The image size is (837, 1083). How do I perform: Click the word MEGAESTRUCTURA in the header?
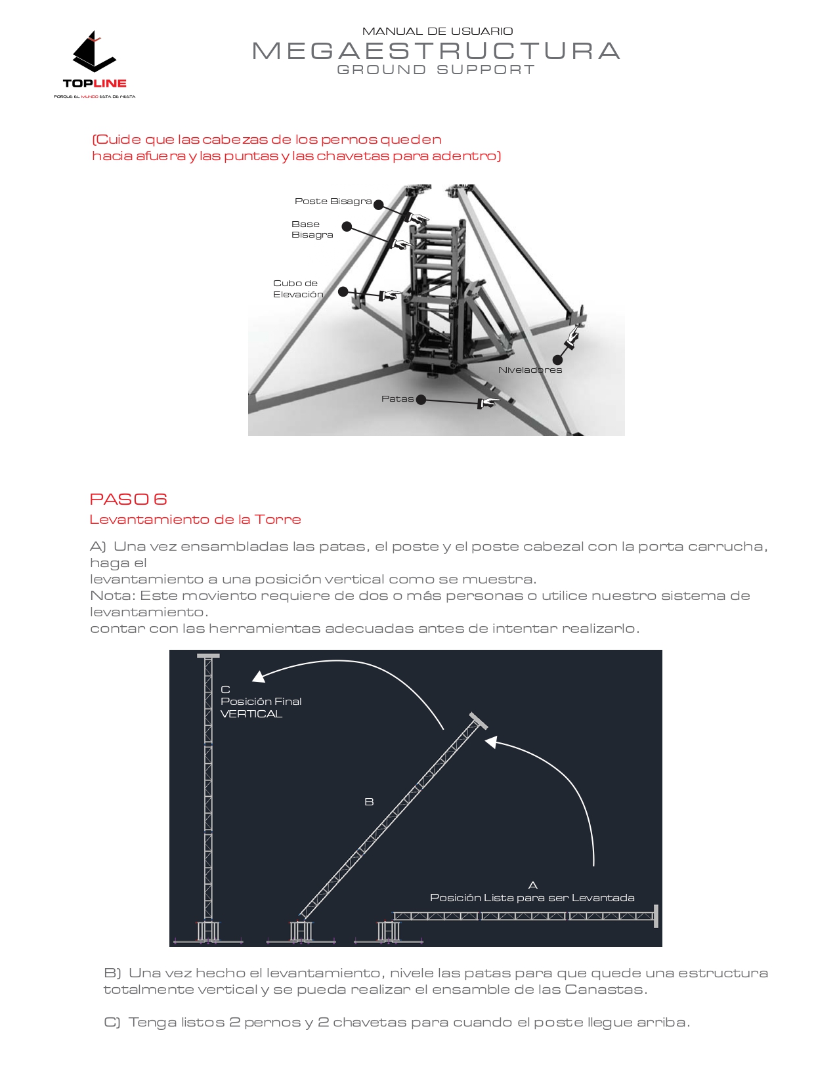(x=436, y=51)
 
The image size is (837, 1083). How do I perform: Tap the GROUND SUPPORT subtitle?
(x=436, y=70)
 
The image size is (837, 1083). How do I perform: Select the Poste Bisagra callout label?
(x=333, y=202)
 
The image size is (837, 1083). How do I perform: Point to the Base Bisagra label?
(x=312, y=230)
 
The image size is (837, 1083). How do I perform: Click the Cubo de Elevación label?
(x=298, y=289)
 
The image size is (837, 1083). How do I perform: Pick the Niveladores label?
(x=530, y=370)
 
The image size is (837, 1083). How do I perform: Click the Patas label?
(x=397, y=399)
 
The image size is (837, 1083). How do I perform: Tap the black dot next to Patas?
(x=421, y=400)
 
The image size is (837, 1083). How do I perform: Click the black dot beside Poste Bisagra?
(x=379, y=205)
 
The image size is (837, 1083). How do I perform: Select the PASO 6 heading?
(x=128, y=499)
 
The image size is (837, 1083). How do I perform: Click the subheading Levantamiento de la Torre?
(x=195, y=520)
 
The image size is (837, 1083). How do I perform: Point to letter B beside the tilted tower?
(x=369, y=802)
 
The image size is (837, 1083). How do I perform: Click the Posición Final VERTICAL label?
(x=261, y=702)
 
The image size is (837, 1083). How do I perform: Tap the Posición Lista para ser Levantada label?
(x=532, y=898)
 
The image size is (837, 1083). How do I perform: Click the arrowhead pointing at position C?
(x=259, y=677)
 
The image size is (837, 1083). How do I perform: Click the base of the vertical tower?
(x=208, y=932)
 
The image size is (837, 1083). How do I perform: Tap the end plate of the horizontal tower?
(x=656, y=916)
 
